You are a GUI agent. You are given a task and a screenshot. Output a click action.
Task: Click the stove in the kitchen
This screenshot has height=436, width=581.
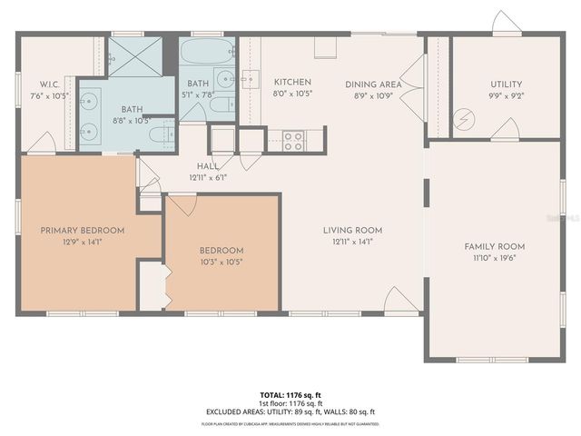click(x=294, y=141)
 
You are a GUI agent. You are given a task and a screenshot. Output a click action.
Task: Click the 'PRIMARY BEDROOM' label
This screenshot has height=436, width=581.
click(x=83, y=231)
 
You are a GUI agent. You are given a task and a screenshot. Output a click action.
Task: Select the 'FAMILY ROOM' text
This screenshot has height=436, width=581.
click(x=495, y=246)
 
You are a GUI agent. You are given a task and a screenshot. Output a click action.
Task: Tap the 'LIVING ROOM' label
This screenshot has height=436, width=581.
click(x=352, y=230)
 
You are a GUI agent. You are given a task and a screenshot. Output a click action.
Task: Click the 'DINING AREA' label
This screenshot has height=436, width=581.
click(x=374, y=84)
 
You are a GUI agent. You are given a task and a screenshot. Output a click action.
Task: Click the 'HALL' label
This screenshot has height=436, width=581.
click(x=208, y=167)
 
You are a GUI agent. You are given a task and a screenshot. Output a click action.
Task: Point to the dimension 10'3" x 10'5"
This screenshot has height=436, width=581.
click(x=222, y=262)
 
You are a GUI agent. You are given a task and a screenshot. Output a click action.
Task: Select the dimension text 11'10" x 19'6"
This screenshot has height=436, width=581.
click(x=495, y=258)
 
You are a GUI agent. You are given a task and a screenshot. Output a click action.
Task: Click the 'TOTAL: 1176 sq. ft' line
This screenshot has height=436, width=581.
click(x=290, y=395)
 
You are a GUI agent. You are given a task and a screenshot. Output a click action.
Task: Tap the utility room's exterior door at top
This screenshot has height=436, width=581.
click(x=506, y=24)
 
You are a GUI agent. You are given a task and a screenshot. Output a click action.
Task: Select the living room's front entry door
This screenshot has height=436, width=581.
click(x=400, y=300)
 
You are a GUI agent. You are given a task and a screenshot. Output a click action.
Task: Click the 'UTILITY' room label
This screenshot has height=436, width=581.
click(x=507, y=84)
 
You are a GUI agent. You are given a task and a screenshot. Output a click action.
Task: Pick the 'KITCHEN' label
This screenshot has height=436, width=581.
click(x=292, y=83)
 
